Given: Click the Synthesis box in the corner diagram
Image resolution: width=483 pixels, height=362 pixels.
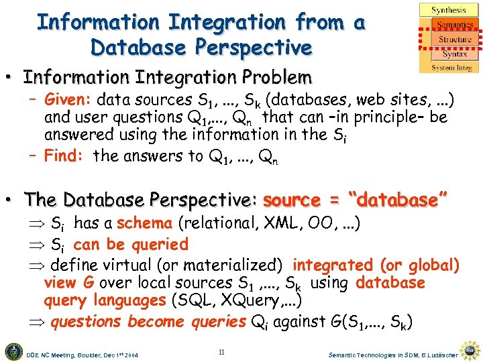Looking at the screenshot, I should click(449, 9).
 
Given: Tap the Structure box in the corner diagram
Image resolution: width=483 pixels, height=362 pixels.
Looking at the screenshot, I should click(455, 40).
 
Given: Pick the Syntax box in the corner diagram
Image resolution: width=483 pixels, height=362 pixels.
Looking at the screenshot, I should click(454, 54).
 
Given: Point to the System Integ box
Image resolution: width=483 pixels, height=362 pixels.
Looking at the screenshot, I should click(451, 68).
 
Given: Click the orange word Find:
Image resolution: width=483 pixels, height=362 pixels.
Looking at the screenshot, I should click(64, 156).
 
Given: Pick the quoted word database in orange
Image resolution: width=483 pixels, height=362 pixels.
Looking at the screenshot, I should click(398, 200).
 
